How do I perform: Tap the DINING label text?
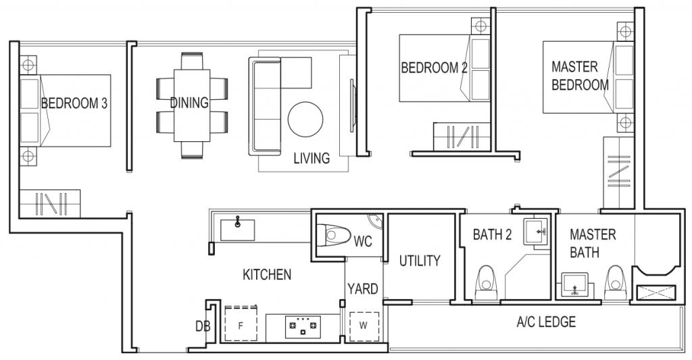[189, 103]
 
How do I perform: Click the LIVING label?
[312, 159]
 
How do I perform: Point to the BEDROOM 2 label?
[435, 68]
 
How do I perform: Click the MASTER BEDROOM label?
[580, 76]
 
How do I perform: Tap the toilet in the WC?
[337, 236]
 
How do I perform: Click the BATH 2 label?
[492, 235]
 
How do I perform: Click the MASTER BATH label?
[593, 243]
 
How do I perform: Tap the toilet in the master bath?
[614, 282]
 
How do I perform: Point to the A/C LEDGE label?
[546, 322]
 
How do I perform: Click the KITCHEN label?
[267, 275]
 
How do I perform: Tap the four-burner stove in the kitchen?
[303, 328]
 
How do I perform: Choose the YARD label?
[363, 290]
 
